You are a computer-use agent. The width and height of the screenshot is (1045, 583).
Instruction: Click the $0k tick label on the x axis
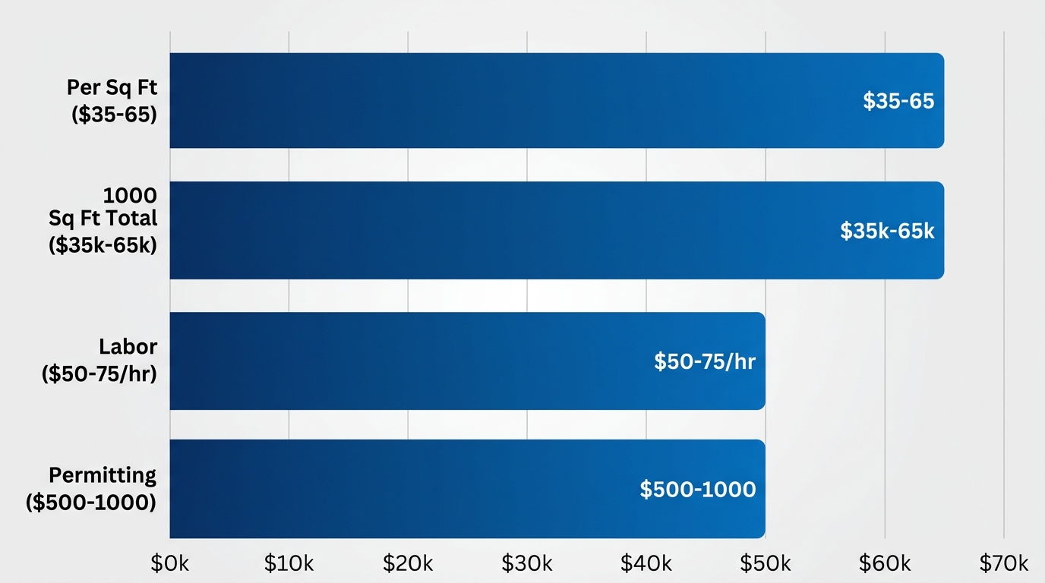pos(170,563)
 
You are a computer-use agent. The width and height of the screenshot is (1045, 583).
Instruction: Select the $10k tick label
pos(289,563)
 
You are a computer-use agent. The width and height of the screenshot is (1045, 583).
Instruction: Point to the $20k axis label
pos(408,563)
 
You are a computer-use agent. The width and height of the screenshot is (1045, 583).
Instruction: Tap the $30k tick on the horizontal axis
pos(527,563)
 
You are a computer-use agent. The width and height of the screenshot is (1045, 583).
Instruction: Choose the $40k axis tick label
pos(646,563)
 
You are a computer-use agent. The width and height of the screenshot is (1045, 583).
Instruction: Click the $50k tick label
pos(766,563)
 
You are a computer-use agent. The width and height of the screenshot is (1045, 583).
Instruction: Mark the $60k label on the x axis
pos(885,563)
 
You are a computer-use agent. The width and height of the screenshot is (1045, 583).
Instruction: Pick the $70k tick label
pos(1003,563)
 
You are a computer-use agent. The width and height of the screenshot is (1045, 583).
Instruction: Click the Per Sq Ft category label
pos(112,101)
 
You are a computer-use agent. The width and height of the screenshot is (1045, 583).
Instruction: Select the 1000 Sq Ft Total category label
pos(103,218)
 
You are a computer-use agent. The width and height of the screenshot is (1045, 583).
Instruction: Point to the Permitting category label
pos(91,489)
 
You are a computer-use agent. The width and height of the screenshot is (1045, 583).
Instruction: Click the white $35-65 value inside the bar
pos(898,101)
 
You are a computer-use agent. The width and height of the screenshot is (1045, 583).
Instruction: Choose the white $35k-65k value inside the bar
pos(887,231)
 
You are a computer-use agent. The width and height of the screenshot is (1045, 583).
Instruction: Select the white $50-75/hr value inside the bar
pos(705,361)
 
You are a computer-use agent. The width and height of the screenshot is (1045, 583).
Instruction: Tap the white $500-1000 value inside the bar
pos(698,490)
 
